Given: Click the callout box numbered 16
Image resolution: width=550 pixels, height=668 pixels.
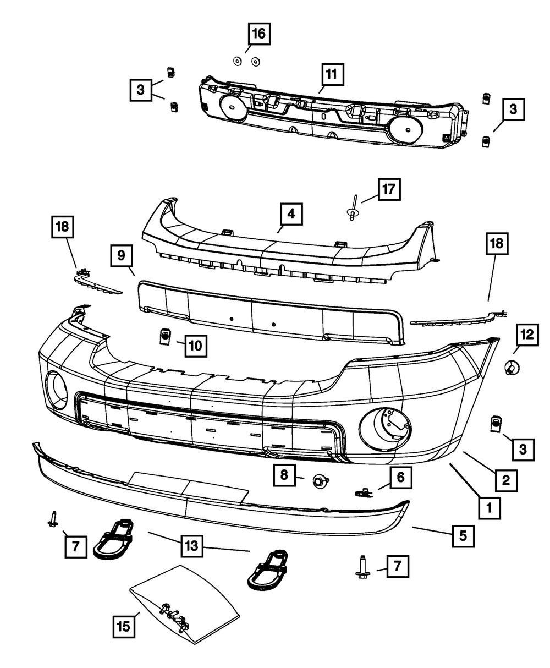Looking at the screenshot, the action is point(258,34).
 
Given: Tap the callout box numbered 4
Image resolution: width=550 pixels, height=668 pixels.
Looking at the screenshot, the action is point(291,214).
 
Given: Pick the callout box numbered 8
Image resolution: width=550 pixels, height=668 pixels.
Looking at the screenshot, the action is point(284,476).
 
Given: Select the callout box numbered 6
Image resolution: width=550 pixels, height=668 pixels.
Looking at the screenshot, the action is point(400,477).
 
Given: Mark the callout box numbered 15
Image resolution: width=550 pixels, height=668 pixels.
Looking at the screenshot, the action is point(125,627).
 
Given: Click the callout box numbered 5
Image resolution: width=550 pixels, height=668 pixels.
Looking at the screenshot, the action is point(463,534).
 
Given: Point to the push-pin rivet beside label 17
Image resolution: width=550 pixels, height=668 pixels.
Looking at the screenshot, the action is point(352,210).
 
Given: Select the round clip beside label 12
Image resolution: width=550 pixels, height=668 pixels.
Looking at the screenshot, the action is point(510,367).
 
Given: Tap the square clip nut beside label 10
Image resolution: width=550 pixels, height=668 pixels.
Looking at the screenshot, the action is point(164,336).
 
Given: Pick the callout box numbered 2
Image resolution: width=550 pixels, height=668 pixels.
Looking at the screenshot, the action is point(505,480).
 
